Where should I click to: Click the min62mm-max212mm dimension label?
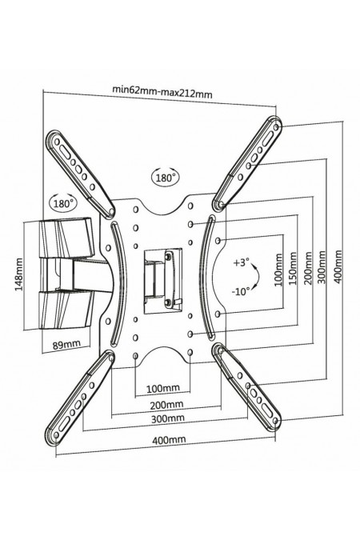(x=162, y=92)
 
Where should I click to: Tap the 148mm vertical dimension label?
(x=19, y=274)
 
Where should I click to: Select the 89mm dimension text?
(x=67, y=344)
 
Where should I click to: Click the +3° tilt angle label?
(x=241, y=262)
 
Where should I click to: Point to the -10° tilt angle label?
(x=241, y=292)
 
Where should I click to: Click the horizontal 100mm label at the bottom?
(x=163, y=389)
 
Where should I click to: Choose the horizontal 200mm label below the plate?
(x=166, y=404)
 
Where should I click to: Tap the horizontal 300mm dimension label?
(x=168, y=418)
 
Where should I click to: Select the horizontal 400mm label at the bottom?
(x=169, y=440)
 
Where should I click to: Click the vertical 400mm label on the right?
(x=338, y=267)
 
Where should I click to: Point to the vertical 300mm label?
(x=322, y=267)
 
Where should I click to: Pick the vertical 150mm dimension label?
(x=293, y=268)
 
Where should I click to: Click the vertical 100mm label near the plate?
(x=278, y=270)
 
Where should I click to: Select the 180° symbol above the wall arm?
(x=63, y=202)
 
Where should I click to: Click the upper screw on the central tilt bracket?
(x=168, y=256)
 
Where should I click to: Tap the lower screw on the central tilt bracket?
(x=168, y=302)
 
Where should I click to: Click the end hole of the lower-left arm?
(x=57, y=435)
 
